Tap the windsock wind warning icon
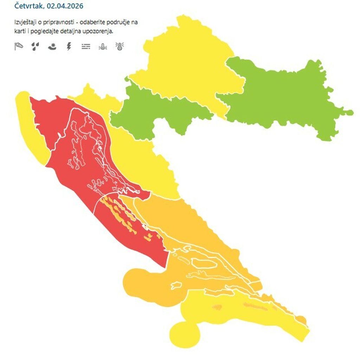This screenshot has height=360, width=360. (19, 46)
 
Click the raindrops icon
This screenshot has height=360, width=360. (35, 46)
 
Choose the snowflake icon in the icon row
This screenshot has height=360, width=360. (52, 46)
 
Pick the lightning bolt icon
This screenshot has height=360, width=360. (69, 46)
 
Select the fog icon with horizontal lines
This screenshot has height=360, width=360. (86, 46)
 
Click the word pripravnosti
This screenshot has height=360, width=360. (59, 23)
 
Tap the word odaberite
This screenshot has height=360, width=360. (92, 23)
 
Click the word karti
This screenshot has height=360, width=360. (20, 31)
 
